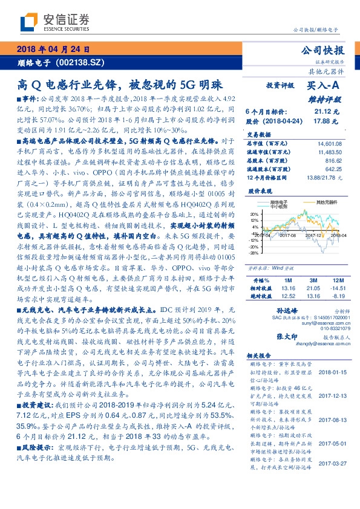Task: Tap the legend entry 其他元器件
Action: coord(327,201)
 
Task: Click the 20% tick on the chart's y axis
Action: coord(254,213)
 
